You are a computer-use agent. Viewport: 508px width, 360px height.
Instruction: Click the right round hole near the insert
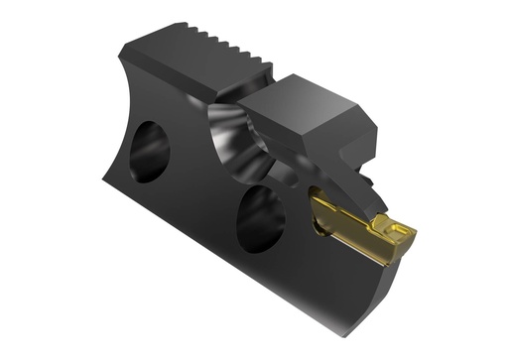click(x=261, y=215)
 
